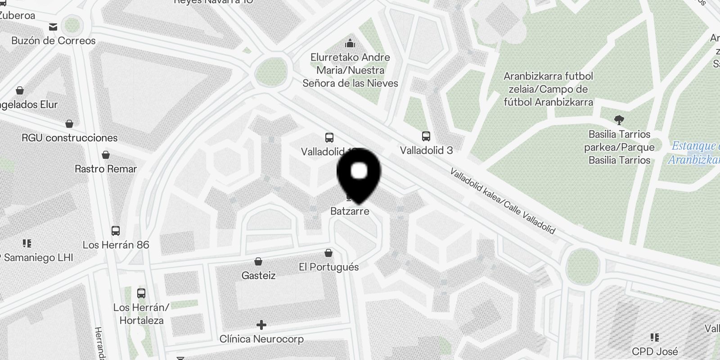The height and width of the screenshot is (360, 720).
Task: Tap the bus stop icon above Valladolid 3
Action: [x=426, y=136]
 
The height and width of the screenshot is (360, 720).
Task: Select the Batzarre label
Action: [x=350, y=211]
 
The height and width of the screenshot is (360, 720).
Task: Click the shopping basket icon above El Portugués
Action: [x=328, y=253]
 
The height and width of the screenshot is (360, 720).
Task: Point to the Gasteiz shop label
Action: [x=258, y=275]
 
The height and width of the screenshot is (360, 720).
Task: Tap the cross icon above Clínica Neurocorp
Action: [x=261, y=325]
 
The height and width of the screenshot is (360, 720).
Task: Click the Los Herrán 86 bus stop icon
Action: [x=116, y=231]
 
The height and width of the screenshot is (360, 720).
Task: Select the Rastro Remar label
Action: [x=106, y=169]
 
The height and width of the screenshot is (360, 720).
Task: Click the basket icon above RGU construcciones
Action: [x=69, y=123]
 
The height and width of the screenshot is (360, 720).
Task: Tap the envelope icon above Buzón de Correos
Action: [x=53, y=27]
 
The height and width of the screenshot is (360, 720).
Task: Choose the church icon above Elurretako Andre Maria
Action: [x=350, y=44]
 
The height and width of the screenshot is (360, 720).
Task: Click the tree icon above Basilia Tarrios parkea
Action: [x=619, y=120]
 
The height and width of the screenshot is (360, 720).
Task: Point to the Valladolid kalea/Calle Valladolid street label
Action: [x=503, y=201]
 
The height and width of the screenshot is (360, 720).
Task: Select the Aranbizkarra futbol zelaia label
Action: [x=548, y=89]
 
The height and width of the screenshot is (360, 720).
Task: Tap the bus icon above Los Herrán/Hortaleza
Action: [x=141, y=293]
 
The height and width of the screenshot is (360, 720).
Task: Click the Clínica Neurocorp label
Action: [x=261, y=339]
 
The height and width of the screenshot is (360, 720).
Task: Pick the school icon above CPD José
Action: [x=655, y=337]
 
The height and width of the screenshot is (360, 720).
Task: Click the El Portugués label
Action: [x=328, y=267]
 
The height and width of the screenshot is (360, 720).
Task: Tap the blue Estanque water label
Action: [x=695, y=153]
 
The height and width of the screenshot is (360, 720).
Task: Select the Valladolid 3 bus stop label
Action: [x=426, y=150]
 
